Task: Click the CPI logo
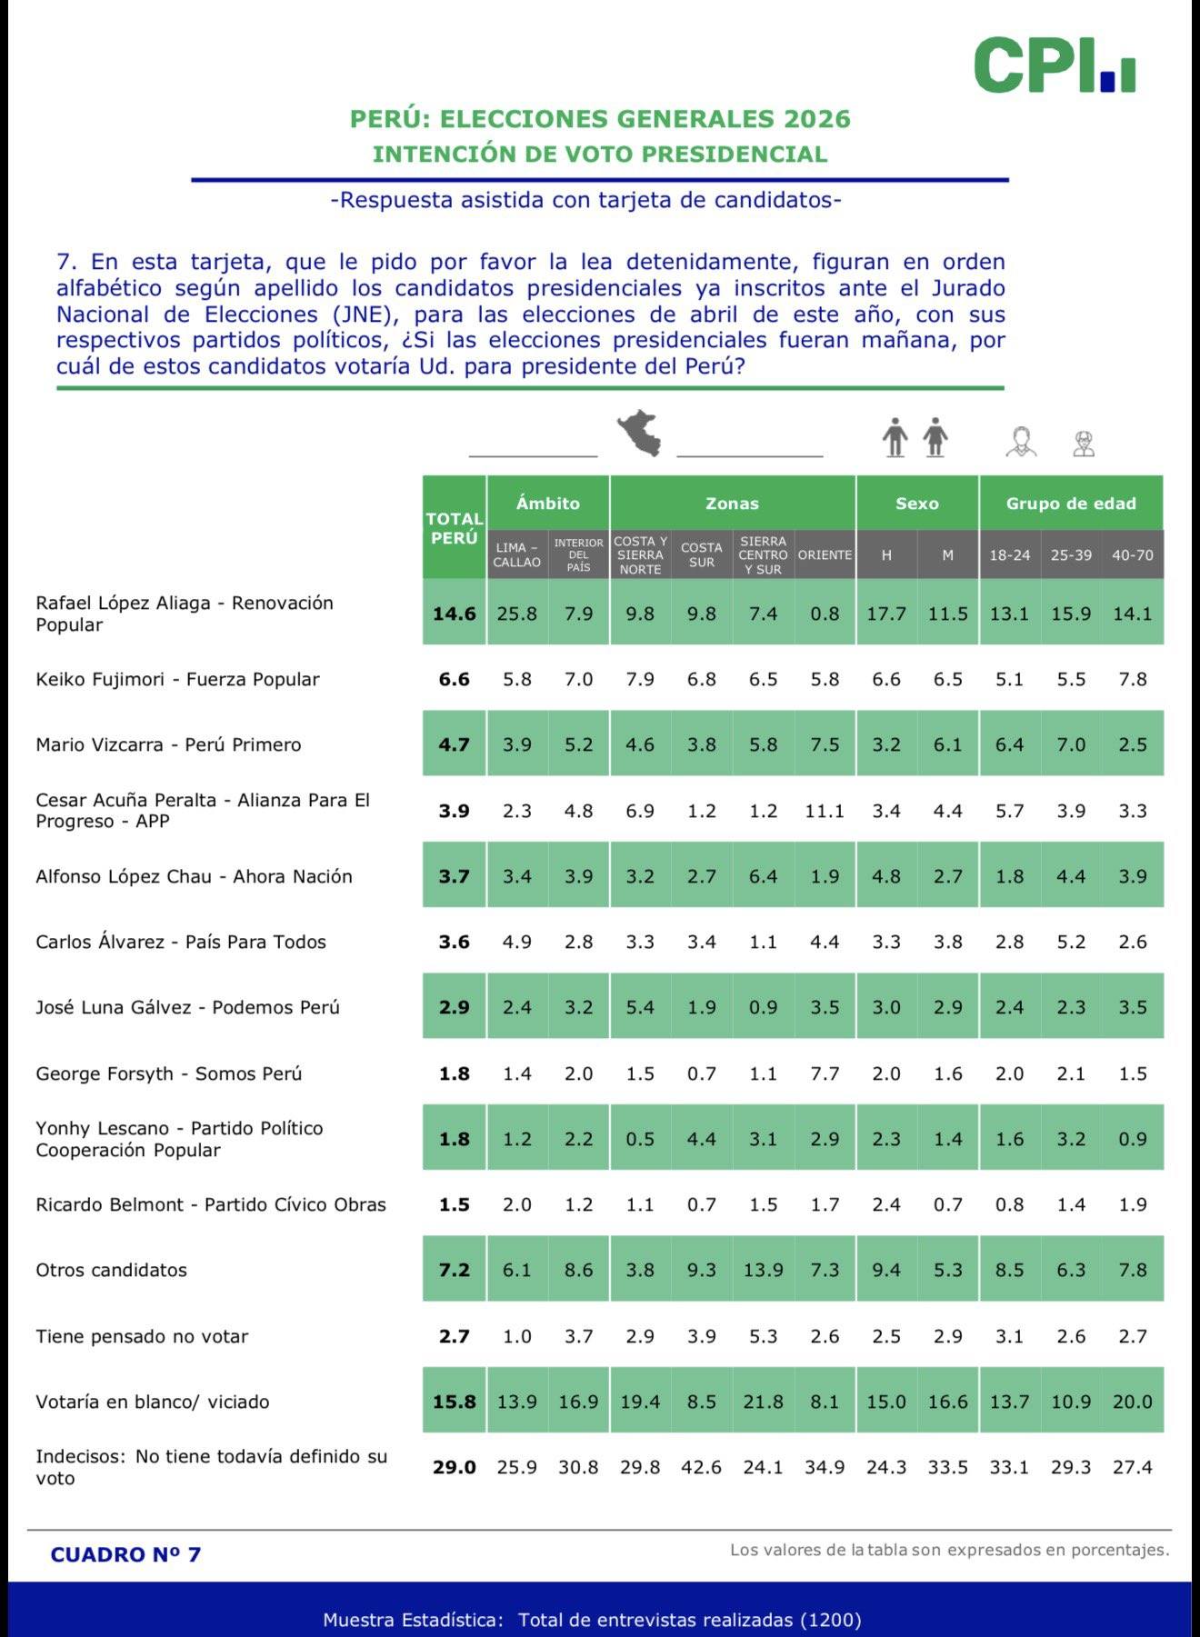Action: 1054,65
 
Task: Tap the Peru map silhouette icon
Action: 639,434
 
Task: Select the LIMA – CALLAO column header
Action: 516,554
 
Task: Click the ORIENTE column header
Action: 825,554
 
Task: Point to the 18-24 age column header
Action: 1009,554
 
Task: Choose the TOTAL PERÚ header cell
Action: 454,528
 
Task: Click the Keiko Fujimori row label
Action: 177,679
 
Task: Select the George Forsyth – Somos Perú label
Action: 168,1073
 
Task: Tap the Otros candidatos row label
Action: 111,1270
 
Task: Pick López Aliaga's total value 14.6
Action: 454,614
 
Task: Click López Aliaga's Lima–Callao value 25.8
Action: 516,614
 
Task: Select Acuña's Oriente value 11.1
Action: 825,811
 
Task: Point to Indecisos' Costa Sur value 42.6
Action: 701,1467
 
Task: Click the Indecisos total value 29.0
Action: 454,1467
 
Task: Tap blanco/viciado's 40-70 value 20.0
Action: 1132,1402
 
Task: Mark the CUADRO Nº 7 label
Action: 125,1554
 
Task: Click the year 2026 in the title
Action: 817,119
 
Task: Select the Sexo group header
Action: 916,503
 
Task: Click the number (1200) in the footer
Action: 830,1620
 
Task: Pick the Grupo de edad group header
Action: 1071,503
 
